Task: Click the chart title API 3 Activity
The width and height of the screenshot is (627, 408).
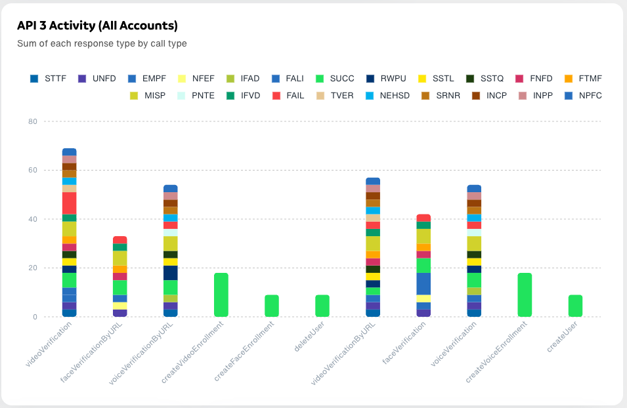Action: click(97, 26)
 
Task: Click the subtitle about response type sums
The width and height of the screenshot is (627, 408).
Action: click(102, 44)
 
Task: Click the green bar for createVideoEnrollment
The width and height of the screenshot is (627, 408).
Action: click(221, 295)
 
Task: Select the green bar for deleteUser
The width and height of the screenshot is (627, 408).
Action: click(322, 306)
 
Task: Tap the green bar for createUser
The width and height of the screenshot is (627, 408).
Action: click(575, 306)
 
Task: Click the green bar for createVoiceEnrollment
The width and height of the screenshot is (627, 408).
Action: click(525, 295)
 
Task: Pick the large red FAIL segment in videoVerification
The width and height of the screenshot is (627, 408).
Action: click(70, 203)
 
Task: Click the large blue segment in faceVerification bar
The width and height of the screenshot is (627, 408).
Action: click(423, 284)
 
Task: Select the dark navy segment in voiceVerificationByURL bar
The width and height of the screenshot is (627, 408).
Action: click(171, 273)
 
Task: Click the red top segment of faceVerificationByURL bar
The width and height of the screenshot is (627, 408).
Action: click(120, 240)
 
